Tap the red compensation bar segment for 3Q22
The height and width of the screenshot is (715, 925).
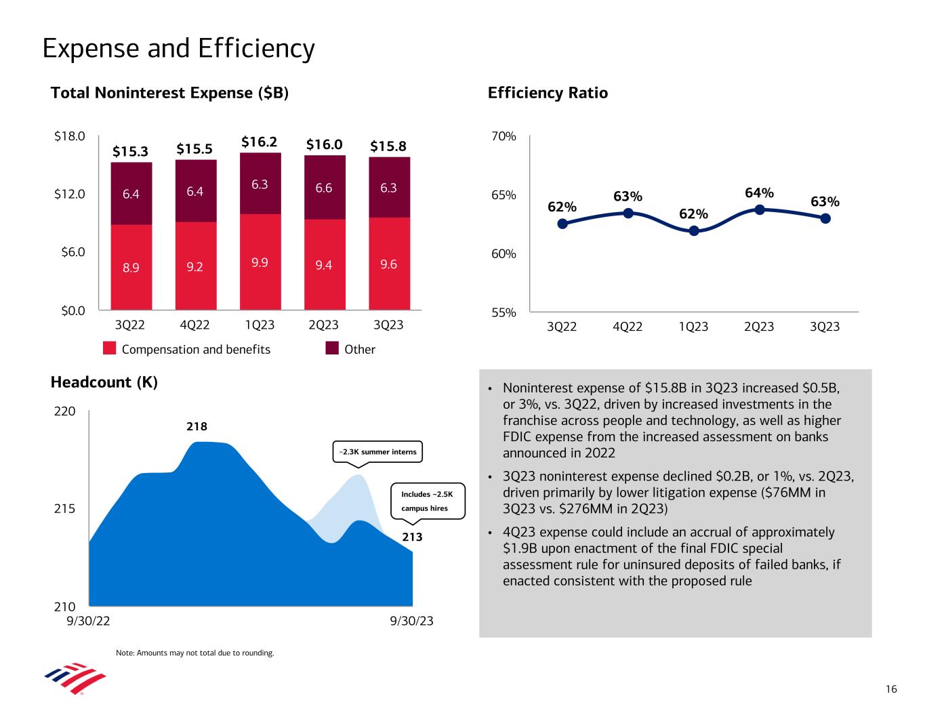pos(131,267)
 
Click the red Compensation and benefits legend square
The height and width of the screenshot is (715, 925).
pos(110,348)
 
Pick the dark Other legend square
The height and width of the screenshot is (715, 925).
pos(332,348)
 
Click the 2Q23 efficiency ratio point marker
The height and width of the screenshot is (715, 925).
pos(760,209)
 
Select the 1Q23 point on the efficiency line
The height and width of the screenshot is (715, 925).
pos(694,230)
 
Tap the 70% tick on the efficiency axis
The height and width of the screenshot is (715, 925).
pos(504,136)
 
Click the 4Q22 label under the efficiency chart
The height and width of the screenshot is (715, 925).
pos(628,327)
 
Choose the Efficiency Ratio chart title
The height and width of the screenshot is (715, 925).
pos(548,93)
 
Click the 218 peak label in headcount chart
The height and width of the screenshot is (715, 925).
pos(197,427)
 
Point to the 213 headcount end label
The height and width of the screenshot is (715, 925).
pos(413,537)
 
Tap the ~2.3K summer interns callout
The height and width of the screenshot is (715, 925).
pos(377,452)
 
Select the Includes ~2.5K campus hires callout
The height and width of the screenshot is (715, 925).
pos(429,502)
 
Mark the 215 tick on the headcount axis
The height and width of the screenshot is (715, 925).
pos(66,509)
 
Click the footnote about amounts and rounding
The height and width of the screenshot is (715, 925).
pos(195,653)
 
